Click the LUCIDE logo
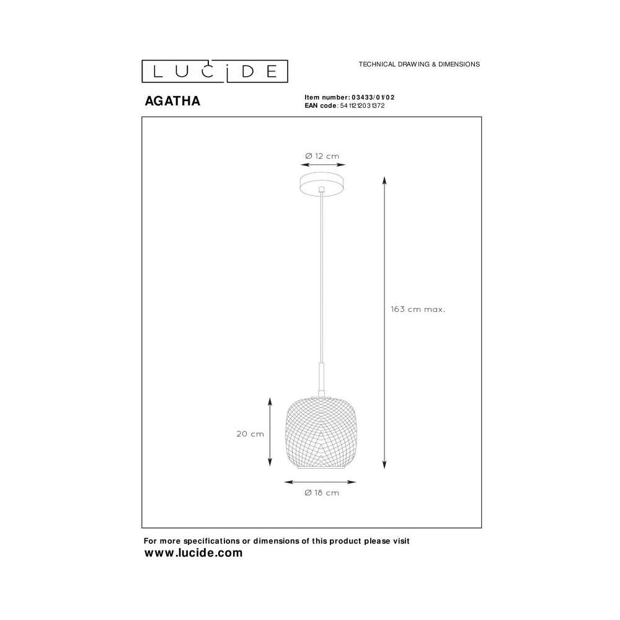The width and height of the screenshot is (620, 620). (x=215, y=71)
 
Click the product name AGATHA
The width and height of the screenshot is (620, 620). (x=172, y=101)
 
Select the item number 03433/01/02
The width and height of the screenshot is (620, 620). (x=373, y=97)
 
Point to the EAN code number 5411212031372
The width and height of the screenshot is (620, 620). (x=362, y=105)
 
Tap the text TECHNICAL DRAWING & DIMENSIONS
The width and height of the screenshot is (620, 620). (x=419, y=64)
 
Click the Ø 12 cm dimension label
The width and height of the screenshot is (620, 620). (x=322, y=156)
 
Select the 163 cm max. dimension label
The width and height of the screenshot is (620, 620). (x=418, y=309)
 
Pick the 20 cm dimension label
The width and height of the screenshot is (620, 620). (x=250, y=434)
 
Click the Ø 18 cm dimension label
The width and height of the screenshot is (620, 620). (x=322, y=493)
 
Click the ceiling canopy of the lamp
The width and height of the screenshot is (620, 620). (x=322, y=185)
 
